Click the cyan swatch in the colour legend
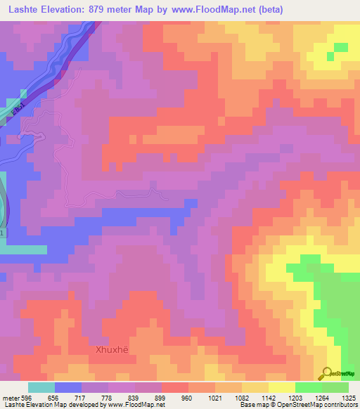[41, 387]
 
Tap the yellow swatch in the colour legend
[282, 387]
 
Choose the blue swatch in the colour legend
[68, 387]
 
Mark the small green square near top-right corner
[340, 48]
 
